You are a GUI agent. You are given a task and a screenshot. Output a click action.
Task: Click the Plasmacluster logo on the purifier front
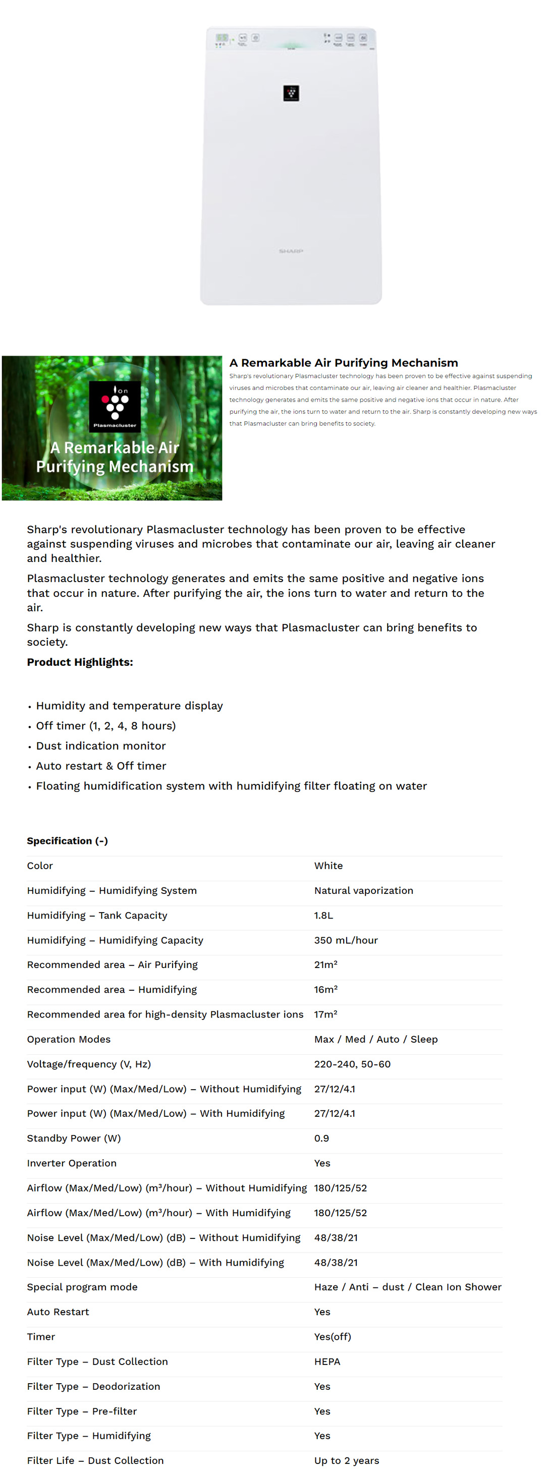pos(291,93)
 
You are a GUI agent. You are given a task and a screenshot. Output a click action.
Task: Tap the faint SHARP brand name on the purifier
pos(291,251)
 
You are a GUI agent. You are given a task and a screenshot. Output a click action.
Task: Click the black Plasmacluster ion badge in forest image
pos(115,405)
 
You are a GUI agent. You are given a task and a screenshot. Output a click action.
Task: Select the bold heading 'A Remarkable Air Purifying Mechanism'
pos(344,362)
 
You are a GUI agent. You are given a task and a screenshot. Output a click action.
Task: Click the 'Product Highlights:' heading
pos(80,661)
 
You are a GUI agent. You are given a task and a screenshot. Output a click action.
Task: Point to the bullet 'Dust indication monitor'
pos(101,745)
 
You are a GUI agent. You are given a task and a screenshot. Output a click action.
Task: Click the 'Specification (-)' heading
pos(67,840)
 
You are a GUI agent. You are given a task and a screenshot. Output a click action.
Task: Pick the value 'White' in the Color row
pos(328,865)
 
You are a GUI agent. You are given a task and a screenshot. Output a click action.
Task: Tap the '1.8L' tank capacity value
pos(323,915)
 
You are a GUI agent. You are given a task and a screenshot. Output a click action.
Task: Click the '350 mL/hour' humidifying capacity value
pos(346,940)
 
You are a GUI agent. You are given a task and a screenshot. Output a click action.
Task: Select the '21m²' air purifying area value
pos(326,964)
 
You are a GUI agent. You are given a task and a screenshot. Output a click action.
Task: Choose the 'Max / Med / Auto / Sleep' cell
pos(375,1039)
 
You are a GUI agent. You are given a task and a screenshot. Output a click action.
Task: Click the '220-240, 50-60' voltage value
pos(352,1064)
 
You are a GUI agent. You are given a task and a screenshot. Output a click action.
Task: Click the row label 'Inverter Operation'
pos(72,1163)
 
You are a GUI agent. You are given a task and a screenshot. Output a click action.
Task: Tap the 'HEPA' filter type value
pos(327,1362)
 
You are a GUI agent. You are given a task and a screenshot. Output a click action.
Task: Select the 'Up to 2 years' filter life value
pos(346,1460)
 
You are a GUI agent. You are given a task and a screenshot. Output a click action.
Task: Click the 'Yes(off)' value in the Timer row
pos(333,1336)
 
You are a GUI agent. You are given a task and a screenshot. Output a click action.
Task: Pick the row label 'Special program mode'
pos(82,1286)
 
